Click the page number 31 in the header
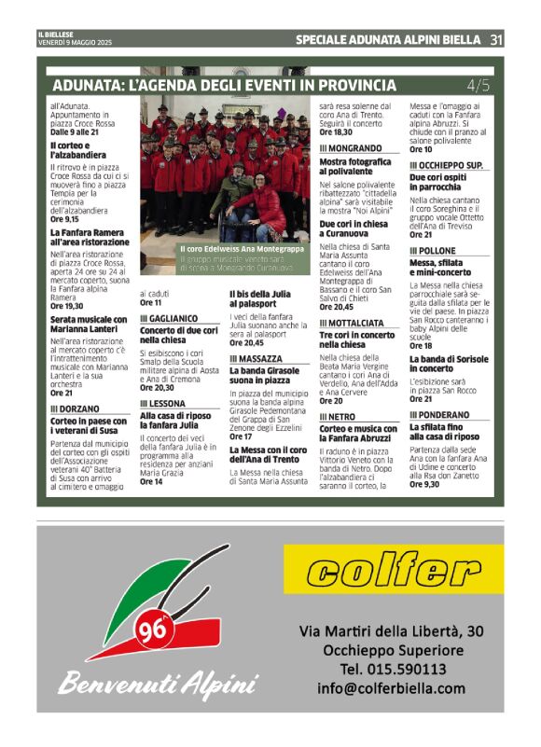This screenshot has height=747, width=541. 495,40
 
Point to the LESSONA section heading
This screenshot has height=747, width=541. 161,404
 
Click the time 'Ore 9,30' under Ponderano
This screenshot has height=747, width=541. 424,484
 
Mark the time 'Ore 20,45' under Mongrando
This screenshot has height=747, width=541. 338,306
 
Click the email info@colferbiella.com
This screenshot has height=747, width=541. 391,689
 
